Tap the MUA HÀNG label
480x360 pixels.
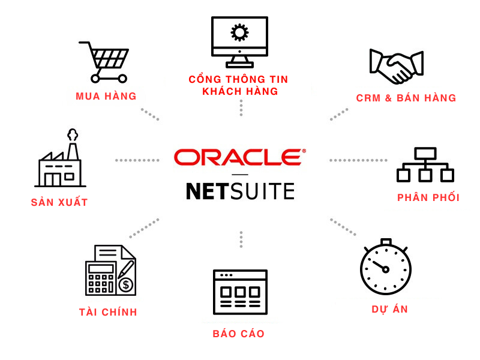106,97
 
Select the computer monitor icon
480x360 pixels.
239,41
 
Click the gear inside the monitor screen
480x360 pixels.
239,32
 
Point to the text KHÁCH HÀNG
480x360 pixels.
240,92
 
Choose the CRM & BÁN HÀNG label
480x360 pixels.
406,98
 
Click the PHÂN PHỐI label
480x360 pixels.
428,197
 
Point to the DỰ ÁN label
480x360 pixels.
389,310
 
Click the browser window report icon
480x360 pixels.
240,292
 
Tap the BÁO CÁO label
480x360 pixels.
238,334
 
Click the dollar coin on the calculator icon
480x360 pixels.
126,284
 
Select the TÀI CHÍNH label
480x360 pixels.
108,312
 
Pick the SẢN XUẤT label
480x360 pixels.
59,203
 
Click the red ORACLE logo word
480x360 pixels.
239,157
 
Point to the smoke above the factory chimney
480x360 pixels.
73,135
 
